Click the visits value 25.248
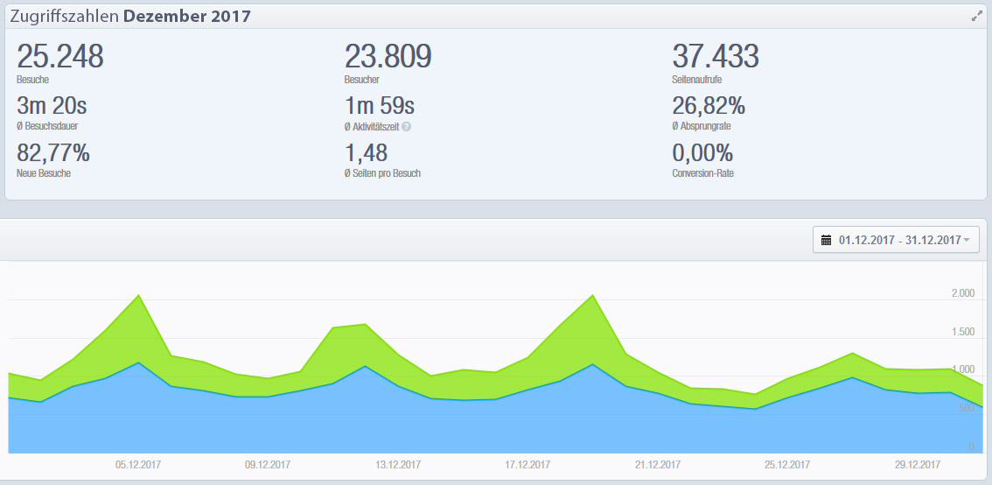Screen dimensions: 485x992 point(60,57)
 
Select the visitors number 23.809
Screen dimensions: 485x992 point(388,57)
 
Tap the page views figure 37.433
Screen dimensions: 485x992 point(715,57)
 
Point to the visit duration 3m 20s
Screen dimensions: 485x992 point(52,107)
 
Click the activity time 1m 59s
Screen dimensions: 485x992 point(379,107)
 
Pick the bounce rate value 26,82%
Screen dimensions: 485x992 point(709,107)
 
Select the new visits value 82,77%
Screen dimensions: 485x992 point(53,153)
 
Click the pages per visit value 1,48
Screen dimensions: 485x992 point(366,153)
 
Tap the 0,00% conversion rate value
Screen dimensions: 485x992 point(702,153)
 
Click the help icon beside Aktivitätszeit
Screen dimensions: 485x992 point(407,127)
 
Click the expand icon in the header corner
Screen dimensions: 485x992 point(977,16)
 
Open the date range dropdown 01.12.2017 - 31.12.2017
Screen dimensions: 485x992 point(898,240)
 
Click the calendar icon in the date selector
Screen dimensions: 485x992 point(826,240)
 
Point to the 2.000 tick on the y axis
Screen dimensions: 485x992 point(962,294)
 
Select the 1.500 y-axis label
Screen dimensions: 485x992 point(962,332)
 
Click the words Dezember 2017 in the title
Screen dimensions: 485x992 point(187,17)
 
